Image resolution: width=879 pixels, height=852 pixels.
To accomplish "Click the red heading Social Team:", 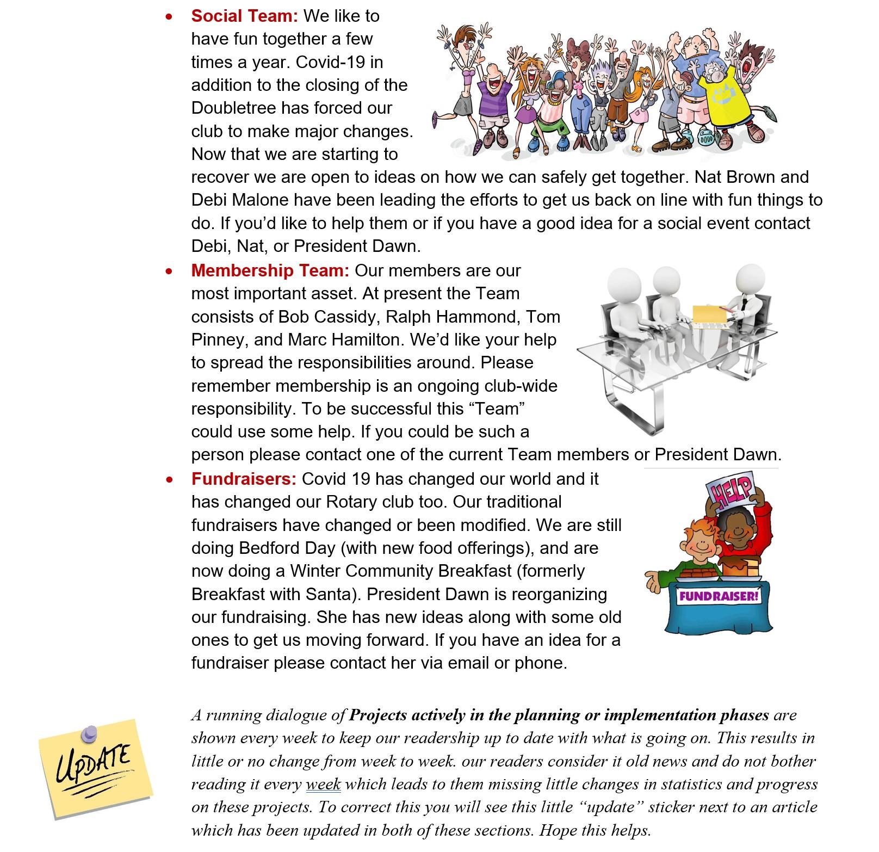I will point(244,16).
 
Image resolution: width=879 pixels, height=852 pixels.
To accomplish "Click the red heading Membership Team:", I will point(270,270).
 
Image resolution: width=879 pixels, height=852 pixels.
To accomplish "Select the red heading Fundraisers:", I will point(244,479).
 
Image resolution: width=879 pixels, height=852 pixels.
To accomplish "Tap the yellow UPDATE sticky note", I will point(95,769).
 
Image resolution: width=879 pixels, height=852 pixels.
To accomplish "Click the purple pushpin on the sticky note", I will point(89,735).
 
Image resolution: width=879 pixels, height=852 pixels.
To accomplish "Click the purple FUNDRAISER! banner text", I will point(719,596).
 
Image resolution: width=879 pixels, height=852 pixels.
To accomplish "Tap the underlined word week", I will point(323,784).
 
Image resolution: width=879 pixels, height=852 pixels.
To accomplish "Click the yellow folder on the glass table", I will point(710,316).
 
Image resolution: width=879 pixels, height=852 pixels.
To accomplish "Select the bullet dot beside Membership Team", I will point(170,271).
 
